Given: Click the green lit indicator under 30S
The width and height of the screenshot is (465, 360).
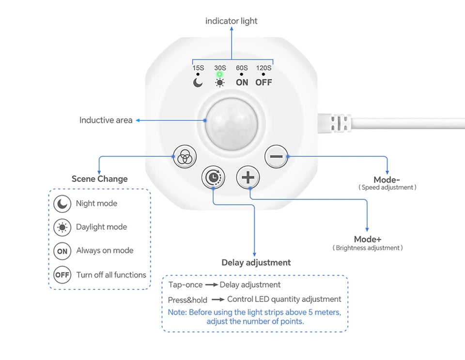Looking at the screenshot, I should (220, 75).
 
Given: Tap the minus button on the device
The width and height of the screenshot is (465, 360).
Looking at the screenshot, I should (276, 157).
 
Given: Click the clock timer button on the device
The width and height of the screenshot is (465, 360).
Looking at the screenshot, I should (213, 178).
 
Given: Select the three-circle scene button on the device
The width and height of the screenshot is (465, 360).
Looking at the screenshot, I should (184, 157).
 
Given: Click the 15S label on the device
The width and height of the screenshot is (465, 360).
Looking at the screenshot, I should (198, 68).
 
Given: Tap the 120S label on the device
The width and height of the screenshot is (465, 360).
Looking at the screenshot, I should (264, 68).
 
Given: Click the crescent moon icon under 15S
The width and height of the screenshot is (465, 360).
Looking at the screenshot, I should (198, 82).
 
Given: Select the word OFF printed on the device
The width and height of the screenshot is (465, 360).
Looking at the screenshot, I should (264, 82).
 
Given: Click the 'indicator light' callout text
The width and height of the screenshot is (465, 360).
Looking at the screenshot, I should (232, 21).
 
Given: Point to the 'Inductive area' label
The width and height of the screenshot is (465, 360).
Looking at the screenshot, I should (106, 120).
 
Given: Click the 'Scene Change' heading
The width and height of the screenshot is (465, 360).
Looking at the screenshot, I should (99, 179).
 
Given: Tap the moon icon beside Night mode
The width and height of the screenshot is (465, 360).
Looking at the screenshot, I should (62, 204).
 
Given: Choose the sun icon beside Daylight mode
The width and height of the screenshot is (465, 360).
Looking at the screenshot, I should (62, 227).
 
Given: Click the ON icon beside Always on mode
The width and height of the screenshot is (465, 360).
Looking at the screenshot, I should (62, 251).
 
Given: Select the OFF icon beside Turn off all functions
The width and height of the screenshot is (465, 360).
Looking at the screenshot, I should (62, 275).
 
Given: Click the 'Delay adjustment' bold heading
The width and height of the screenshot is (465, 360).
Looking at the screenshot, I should (256, 262).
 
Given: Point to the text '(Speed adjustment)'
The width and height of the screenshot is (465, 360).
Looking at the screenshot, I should (387, 187).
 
